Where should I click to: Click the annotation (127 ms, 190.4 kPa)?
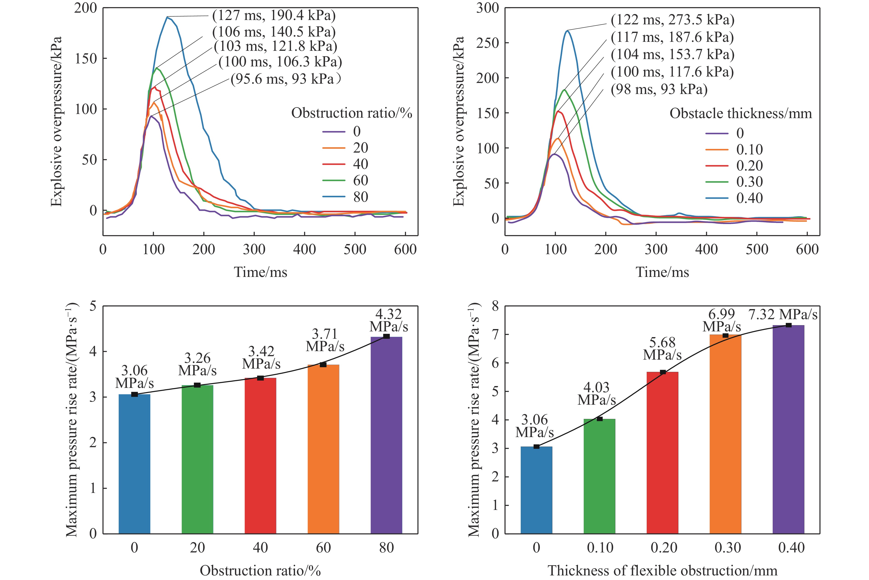click(x=274, y=16)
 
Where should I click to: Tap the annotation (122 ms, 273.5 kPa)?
click(x=672, y=20)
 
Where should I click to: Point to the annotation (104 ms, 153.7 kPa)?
click(x=672, y=54)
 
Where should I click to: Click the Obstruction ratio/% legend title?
click(x=352, y=113)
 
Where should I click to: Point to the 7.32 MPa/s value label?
click(x=783, y=314)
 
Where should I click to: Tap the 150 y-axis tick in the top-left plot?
click(x=86, y=58)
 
